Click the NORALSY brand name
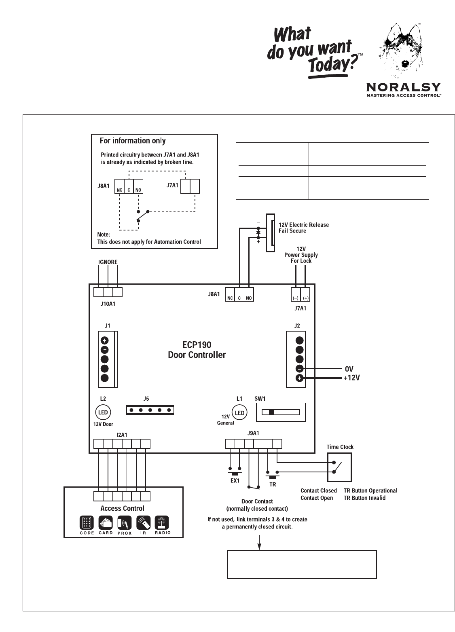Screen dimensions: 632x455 (x=403, y=87)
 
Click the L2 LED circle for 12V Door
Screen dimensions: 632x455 (x=103, y=412)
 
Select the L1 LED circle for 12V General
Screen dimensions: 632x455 (x=240, y=412)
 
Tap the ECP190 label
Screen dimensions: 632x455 (x=197, y=345)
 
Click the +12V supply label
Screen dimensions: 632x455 (x=352, y=378)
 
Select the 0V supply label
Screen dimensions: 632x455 (x=349, y=368)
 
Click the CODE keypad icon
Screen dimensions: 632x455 (x=87, y=523)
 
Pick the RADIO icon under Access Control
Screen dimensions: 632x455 (x=163, y=523)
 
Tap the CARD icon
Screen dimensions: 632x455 (x=106, y=523)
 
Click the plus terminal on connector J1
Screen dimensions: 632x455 (x=104, y=340)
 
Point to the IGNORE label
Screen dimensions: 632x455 (x=108, y=262)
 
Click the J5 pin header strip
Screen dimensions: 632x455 (x=150, y=410)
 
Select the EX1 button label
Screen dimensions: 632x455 (x=235, y=481)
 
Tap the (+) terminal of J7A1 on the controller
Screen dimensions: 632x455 (x=305, y=298)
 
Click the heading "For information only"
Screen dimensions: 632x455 (x=133, y=141)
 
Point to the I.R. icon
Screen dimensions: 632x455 (x=144, y=523)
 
